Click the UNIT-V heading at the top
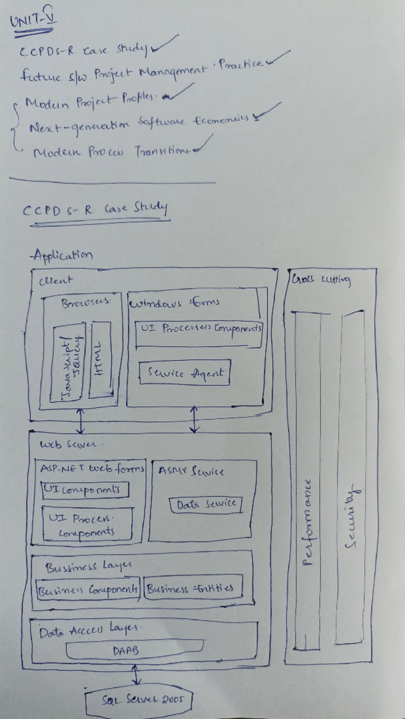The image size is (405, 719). pyautogui.click(x=33, y=20)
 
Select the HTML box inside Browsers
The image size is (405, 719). pyautogui.click(x=100, y=360)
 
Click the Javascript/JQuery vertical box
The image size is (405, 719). pyautogui.click(x=67, y=363)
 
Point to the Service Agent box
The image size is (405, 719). pyautogui.click(x=185, y=373)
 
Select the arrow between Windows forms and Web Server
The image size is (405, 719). pyautogui.click(x=194, y=419)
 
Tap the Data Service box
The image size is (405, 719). pyautogui.click(x=206, y=505)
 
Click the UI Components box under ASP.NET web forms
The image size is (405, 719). pyautogui.click(x=85, y=490)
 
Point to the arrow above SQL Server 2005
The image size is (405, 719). pyautogui.click(x=136, y=675)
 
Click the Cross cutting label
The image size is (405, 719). pyautogui.click(x=321, y=280)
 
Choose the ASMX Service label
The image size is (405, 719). pyautogui.click(x=191, y=471)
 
